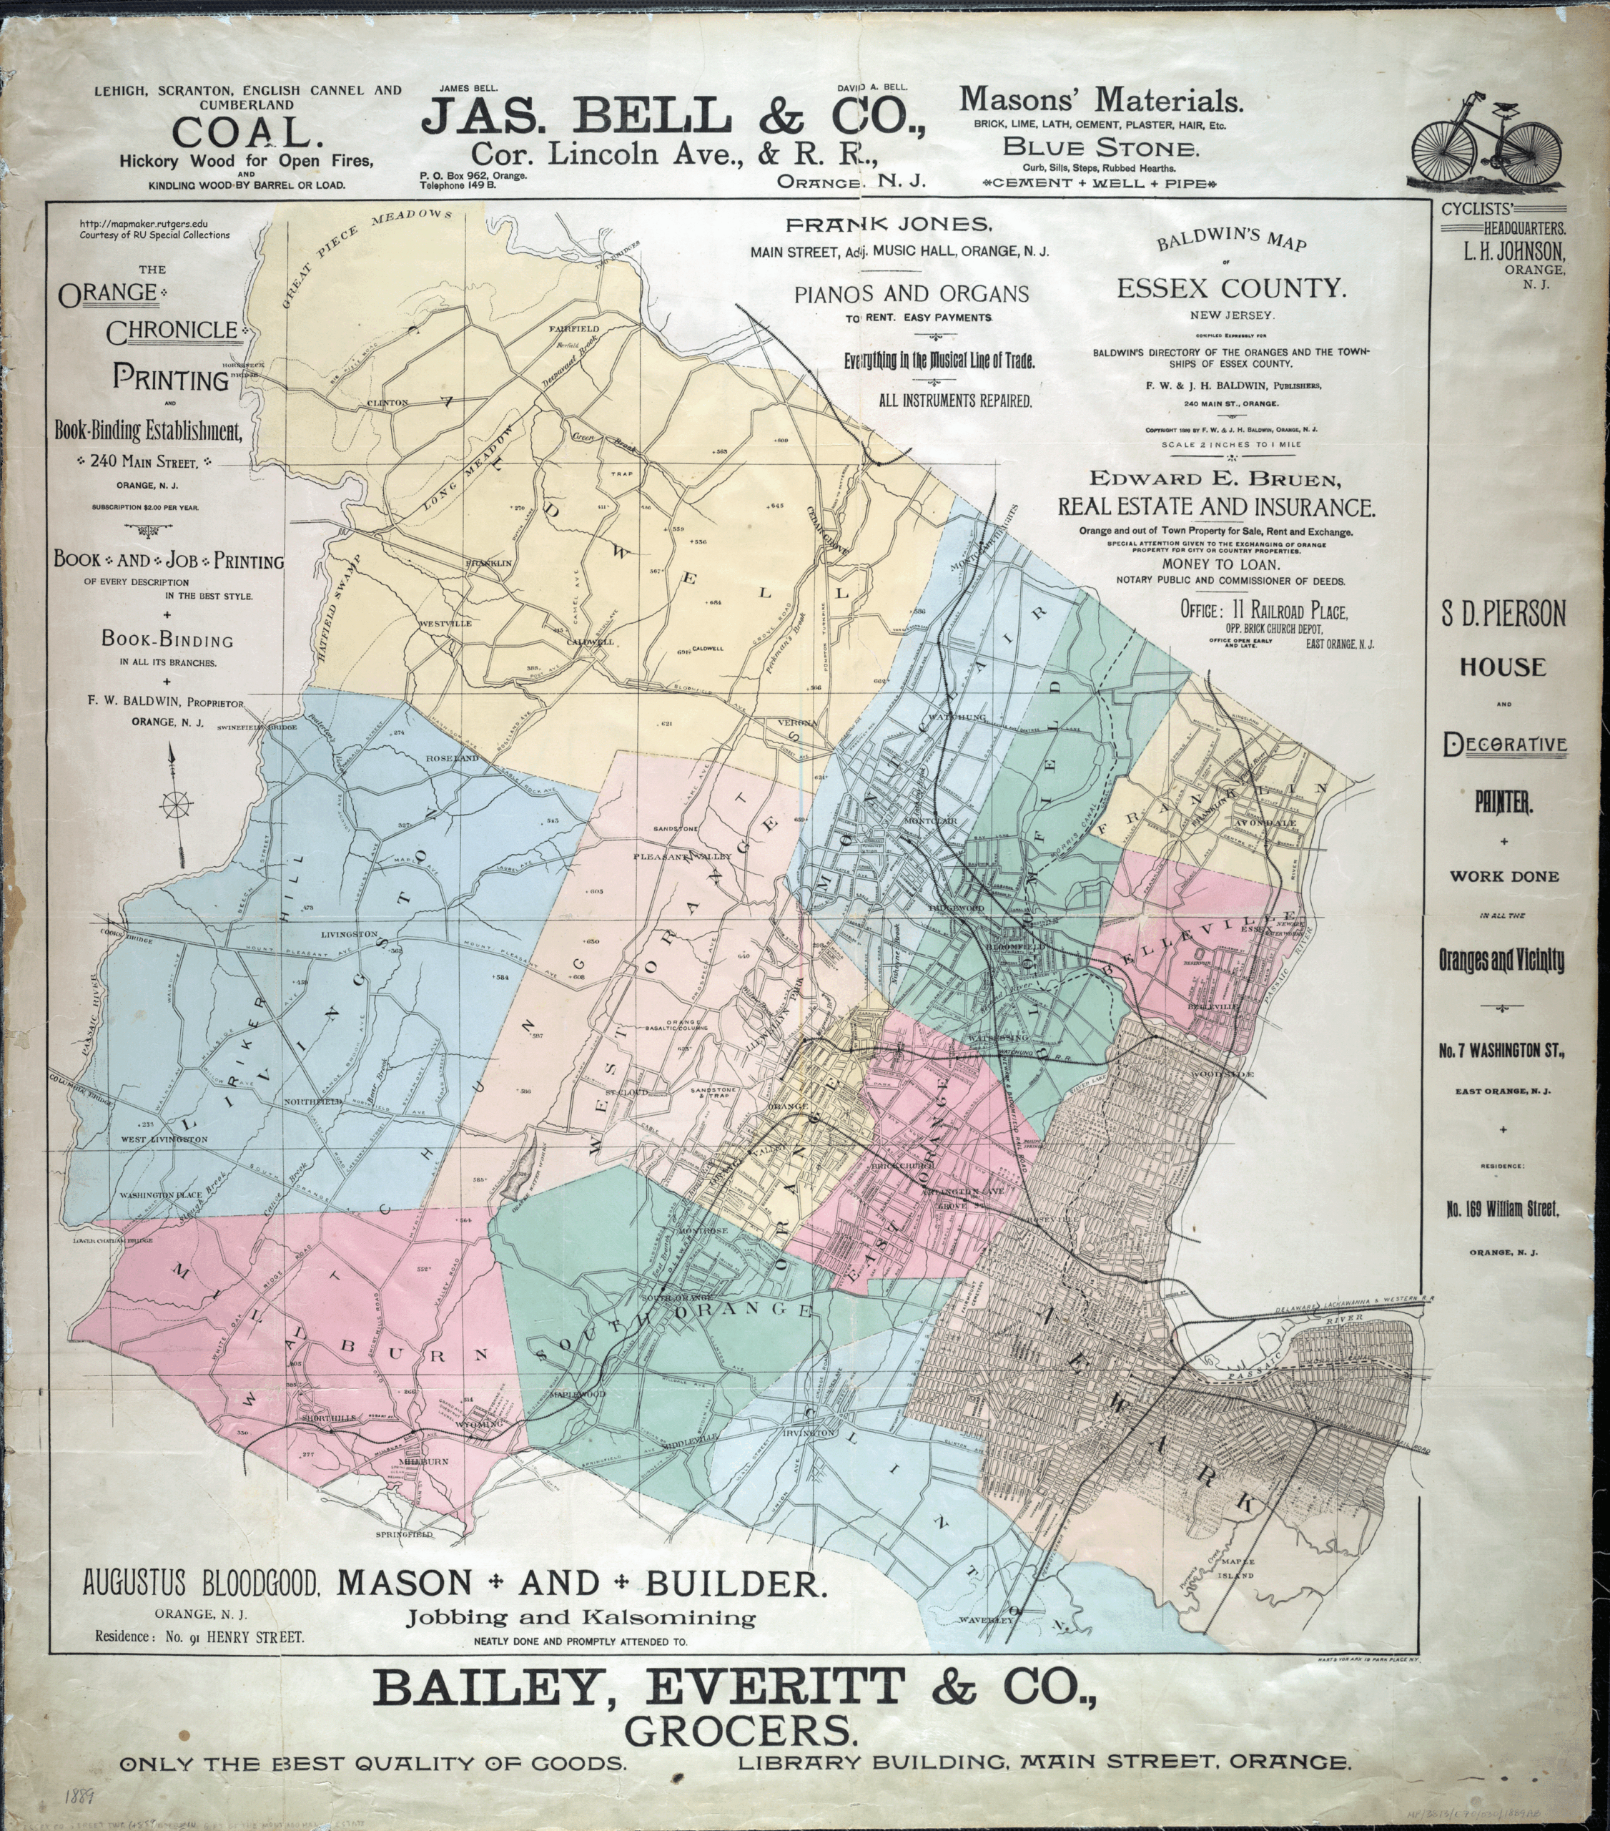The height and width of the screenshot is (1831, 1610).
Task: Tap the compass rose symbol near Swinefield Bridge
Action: coord(175,805)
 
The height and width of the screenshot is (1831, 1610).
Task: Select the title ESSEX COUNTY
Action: coord(1231,288)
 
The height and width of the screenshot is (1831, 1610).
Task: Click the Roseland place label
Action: coord(453,758)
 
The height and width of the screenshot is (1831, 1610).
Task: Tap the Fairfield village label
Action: coord(574,329)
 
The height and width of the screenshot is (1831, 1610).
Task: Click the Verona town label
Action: coord(798,722)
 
